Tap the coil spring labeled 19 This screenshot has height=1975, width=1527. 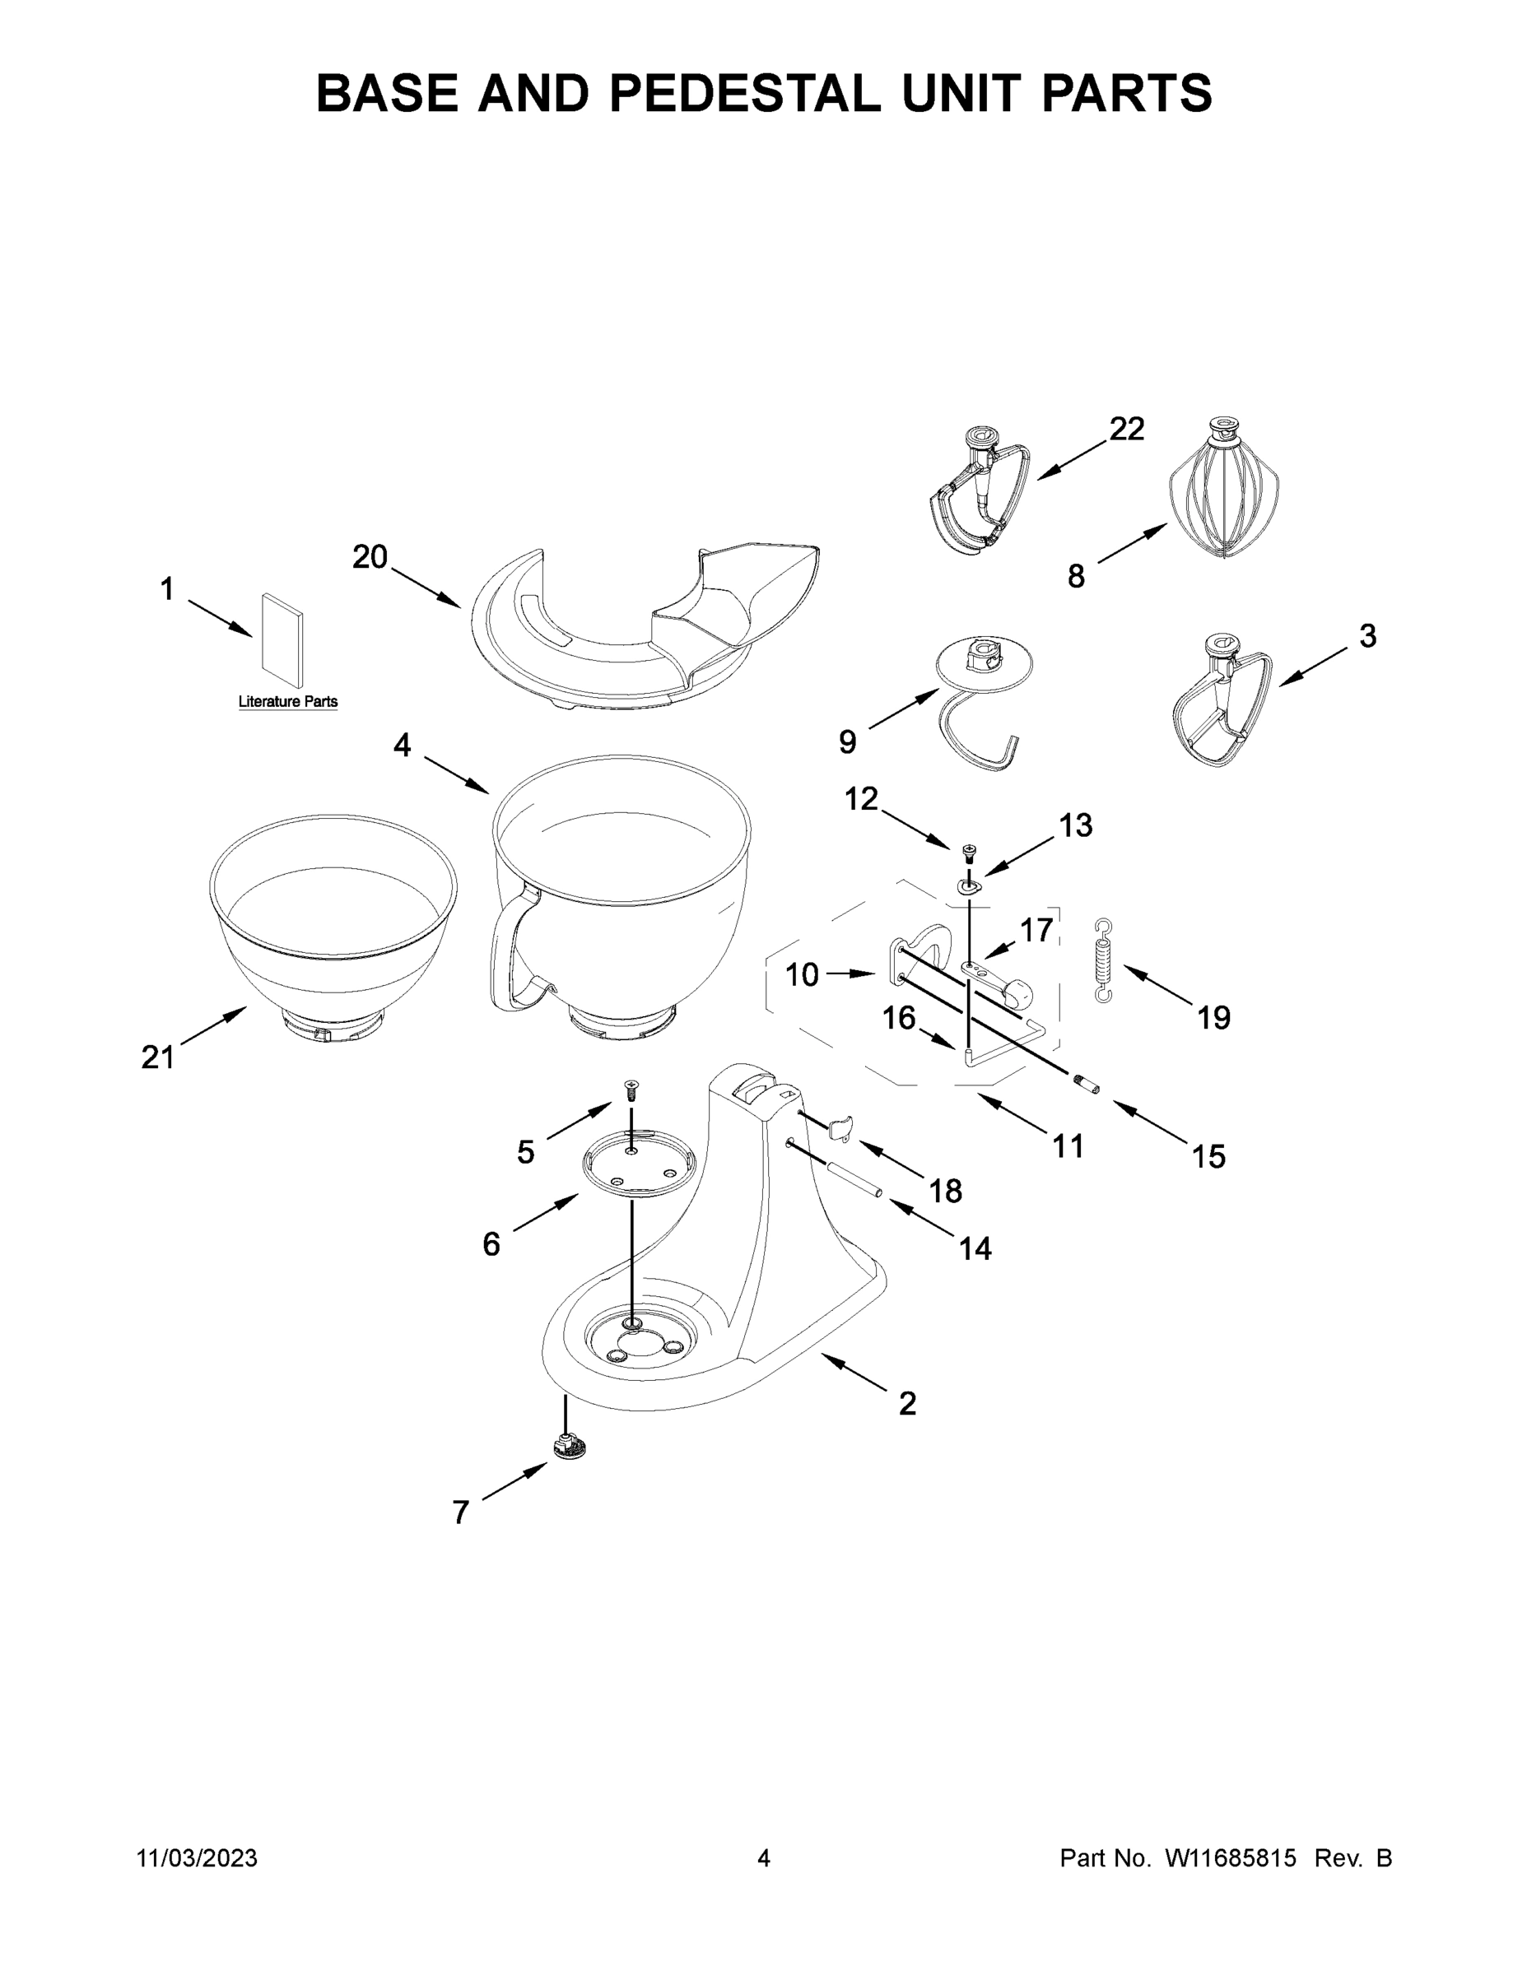click(1103, 960)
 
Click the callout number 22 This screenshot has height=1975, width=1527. click(1126, 429)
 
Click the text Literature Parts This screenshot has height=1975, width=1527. click(287, 702)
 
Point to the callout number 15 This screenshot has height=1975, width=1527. click(1208, 1155)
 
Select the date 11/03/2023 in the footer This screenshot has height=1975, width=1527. click(198, 1857)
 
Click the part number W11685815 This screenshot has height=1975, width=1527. click(1231, 1857)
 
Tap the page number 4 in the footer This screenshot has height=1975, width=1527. click(764, 1857)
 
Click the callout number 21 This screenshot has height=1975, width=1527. click(157, 1057)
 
